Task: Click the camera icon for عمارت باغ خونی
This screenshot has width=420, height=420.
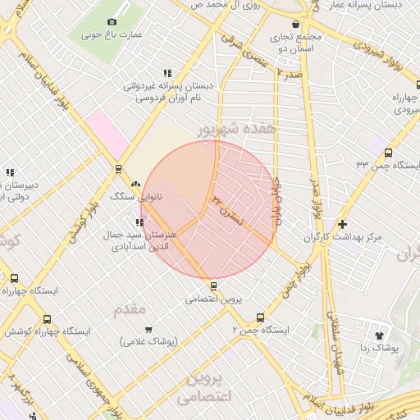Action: pyautogui.click(x=112, y=21)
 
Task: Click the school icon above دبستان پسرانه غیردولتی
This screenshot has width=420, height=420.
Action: pyautogui.click(x=168, y=72)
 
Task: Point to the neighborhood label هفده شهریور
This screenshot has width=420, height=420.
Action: pyautogui.click(x=232, y=131)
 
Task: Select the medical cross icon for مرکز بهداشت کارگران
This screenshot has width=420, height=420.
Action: pyautogui.click(x=342, y=223)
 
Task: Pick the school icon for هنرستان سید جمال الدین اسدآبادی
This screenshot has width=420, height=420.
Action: pyautogui.click(x=140, y=221)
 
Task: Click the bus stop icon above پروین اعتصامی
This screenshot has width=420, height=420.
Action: pyautogui.click(x=214, y=285)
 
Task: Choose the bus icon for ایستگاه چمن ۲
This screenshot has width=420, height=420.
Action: pyautogui.click(x=261, y=317)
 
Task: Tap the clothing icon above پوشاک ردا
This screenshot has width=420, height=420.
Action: pyautogui.click(x=378, y=335)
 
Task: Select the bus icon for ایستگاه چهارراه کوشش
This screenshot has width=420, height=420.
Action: pyautogui.click(x=46, y=319)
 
